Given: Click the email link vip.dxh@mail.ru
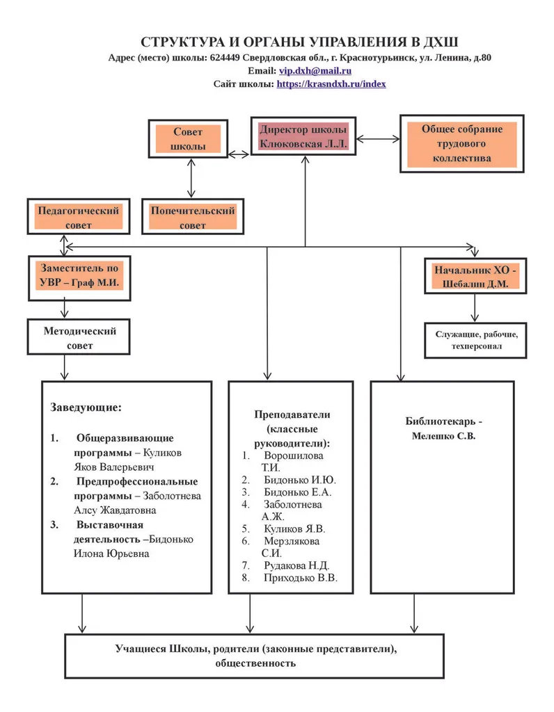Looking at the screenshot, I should (315, 71).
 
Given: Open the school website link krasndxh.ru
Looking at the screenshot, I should (331, 83).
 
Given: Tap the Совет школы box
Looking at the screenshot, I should (188, 139).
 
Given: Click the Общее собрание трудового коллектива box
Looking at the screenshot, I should (461, 143).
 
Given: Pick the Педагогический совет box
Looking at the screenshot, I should (78, 217).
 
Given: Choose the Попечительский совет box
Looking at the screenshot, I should (193, 218).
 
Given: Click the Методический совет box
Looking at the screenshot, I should (80, 338).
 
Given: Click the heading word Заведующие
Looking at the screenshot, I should (86, 407).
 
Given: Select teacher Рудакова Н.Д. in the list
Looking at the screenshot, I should (296, 565).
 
